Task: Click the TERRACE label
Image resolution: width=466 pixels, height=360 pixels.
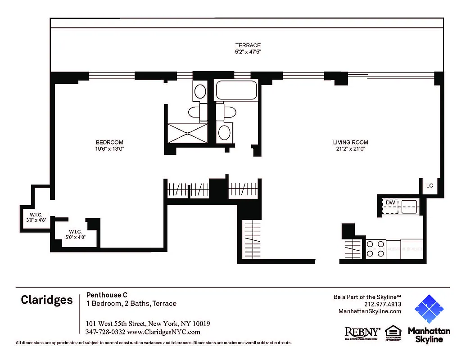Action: (248, 45)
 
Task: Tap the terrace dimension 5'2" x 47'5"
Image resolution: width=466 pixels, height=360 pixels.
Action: (248, 52)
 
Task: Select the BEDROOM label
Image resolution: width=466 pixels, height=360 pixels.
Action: (109, 142)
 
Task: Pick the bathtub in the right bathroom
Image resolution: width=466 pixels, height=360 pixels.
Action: (236, 90)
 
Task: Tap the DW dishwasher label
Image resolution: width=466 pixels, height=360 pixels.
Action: (390, 203)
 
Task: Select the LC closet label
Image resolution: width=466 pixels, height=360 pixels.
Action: (430, 185)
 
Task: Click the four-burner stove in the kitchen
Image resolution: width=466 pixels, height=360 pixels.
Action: (376, 249)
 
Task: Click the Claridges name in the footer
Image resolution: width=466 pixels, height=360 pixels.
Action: (46, 300)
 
